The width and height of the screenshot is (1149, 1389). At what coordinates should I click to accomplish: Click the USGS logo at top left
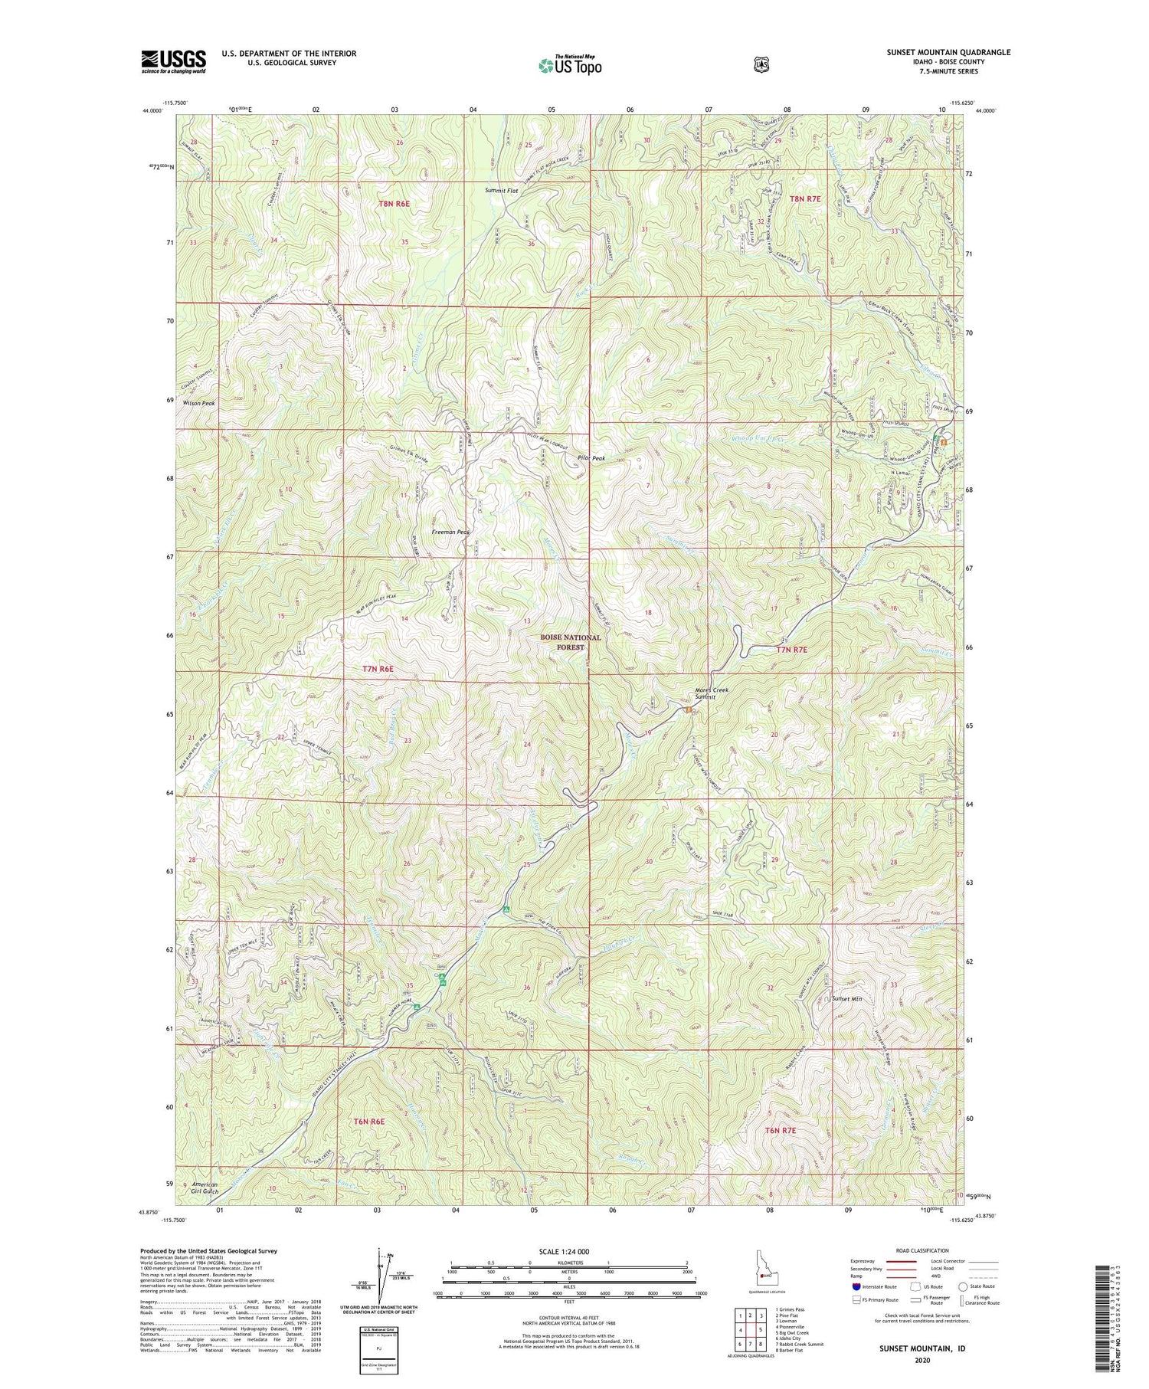point(173,61)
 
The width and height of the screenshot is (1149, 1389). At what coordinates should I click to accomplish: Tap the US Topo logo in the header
point(571,65)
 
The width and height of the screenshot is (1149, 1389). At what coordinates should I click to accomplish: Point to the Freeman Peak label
point(450,531)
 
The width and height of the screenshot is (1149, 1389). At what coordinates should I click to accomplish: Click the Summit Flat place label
point(502,190)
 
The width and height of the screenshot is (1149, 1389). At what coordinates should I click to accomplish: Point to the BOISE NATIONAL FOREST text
point(571,642)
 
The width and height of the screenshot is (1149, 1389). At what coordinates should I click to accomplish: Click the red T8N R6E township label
point(394,204)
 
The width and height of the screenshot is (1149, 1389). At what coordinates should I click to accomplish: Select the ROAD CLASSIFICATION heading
point(922,1250)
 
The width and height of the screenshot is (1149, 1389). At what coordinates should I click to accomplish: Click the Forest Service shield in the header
point(761,65)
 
